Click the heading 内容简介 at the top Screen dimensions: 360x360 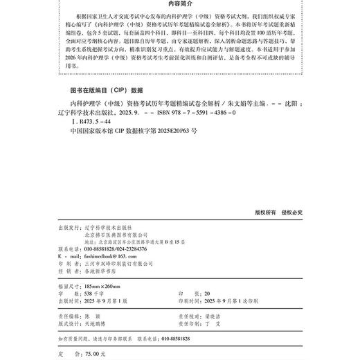tap(179, 5)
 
